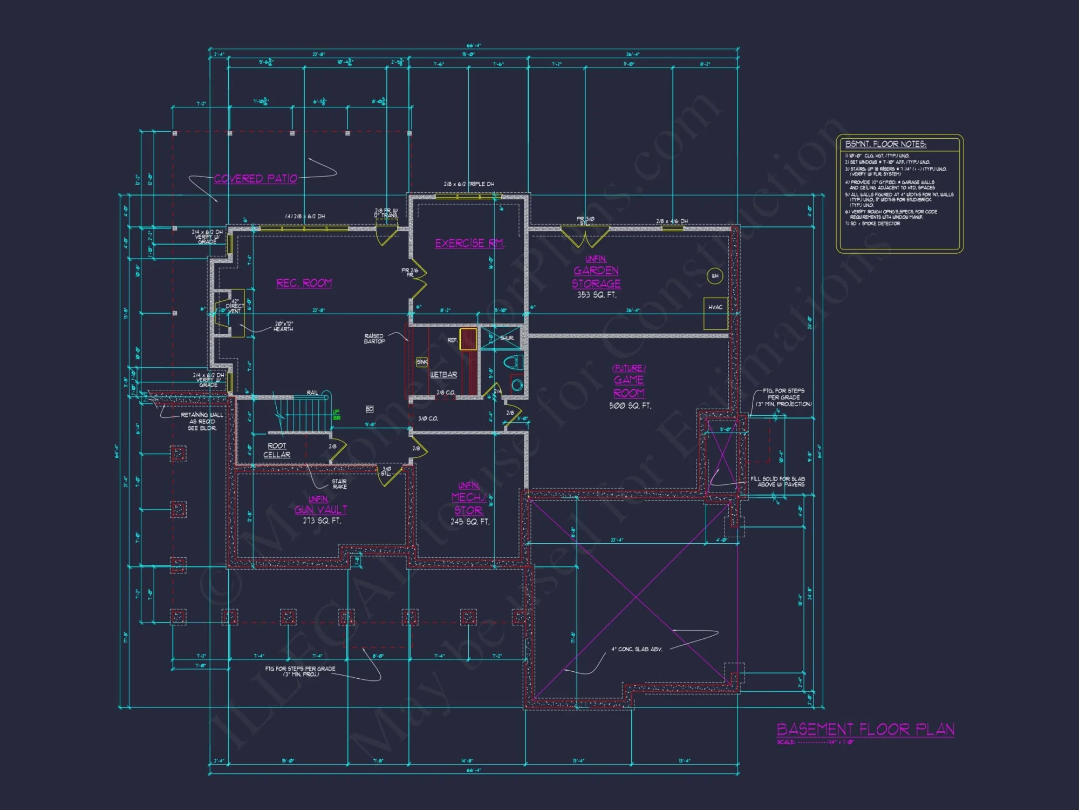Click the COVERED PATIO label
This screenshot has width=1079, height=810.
pos(255,179)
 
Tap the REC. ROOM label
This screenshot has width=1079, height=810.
pos(304,283)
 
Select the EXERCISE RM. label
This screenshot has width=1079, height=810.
pos(469,244)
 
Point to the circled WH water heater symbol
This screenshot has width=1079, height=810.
pos(715,276)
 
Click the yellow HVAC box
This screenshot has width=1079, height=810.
pos(715,313)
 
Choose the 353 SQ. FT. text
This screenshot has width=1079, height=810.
pos(596,295)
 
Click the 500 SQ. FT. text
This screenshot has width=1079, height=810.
pos(630,406)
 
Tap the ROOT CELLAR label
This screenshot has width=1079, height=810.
pos(277,450)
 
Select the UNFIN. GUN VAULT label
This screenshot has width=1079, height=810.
pos(320,505)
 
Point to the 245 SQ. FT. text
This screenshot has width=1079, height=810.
pos(470,522)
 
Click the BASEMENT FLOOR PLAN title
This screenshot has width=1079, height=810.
pos(865,730)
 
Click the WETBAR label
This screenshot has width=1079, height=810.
pos(443,375)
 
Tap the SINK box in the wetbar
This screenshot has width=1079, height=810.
pos(422,362)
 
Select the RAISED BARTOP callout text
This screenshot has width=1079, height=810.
pos(374,339)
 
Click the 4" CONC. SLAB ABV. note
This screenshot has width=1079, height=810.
pos(637,649)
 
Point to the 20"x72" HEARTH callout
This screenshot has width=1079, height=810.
pos(283,326)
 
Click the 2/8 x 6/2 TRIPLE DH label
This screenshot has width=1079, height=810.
pos(469,184)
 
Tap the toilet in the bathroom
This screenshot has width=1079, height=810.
pos(513,362)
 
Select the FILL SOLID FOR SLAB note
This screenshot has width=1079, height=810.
pos(777,482)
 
